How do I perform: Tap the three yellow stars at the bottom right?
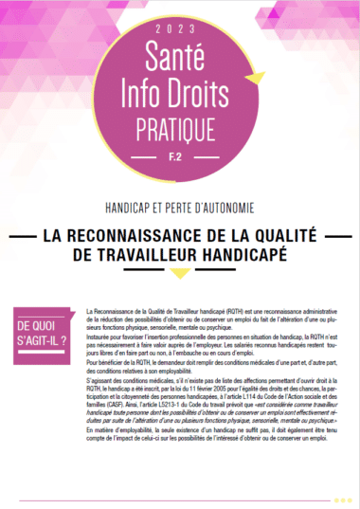(x=343, y=500)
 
